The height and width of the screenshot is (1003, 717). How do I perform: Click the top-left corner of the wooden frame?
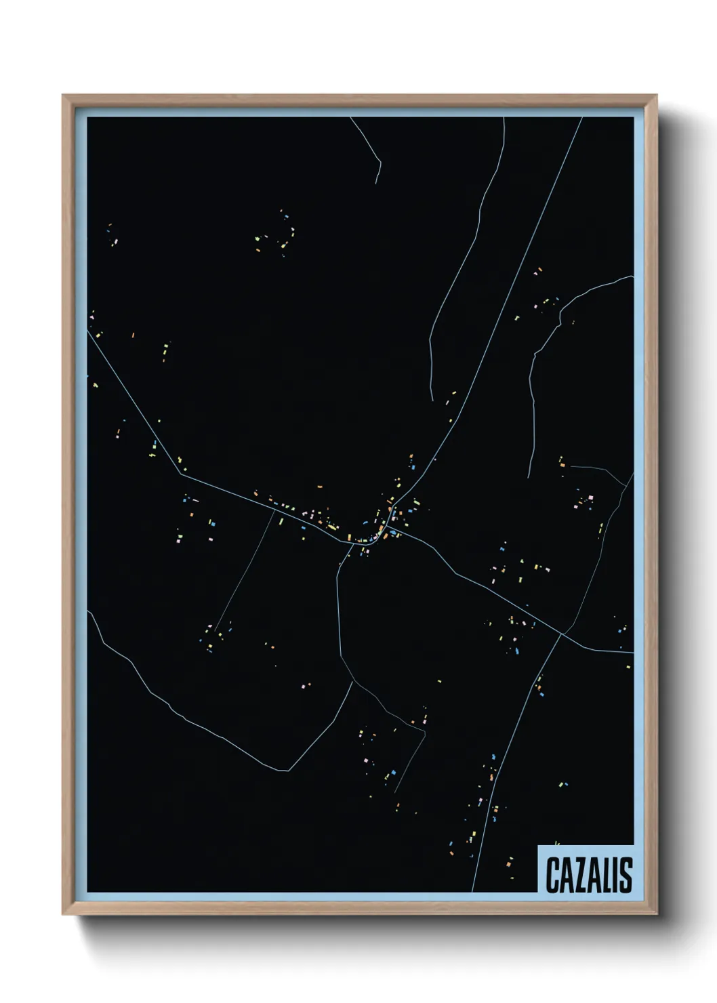(x=63, y=96)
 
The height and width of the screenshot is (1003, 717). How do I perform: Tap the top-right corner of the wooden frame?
(x=657, y=96)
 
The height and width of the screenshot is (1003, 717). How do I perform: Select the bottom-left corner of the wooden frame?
(x=63, y=914)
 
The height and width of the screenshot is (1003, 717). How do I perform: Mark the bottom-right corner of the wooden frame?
(x=657, y=914)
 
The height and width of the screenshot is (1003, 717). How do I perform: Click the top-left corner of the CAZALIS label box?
(x=538, y=845)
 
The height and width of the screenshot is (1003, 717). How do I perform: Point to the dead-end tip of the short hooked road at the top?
(x=377, y=183)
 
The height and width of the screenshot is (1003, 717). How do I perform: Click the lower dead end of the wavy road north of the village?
(x=432, y=401)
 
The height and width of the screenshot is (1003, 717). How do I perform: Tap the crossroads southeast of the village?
(x=562, y=634)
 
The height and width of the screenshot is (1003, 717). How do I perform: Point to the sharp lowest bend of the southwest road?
(x=289, y=770)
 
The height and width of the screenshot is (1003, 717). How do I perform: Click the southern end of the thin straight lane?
(x=216, y=632)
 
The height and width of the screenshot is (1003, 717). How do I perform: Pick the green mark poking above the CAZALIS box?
(x=556, y=842)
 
